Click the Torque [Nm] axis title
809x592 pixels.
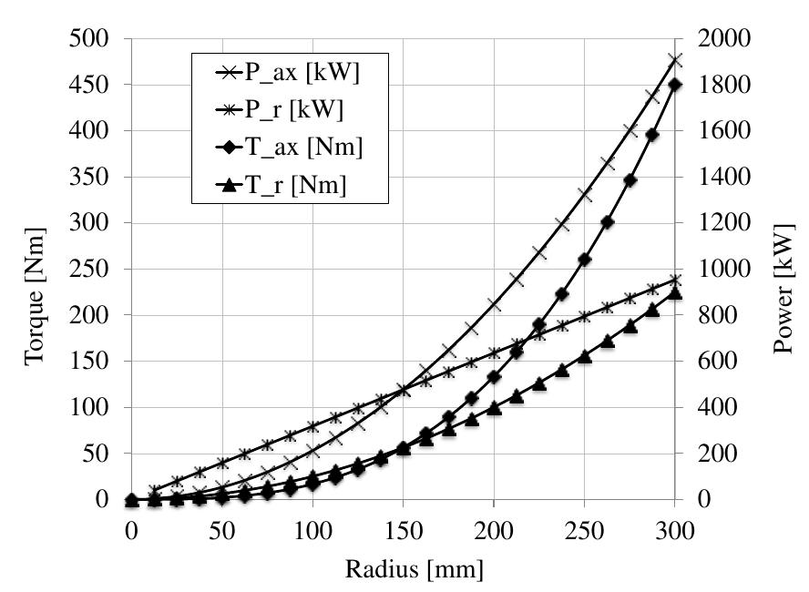click(35, 270)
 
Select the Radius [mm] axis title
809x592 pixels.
click(403, 570)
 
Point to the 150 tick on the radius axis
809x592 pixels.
click(404, 527)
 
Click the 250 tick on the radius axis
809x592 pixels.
click(585, 527)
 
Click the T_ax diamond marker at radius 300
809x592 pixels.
click(675, 85)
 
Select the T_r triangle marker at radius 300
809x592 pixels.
click(675, 292)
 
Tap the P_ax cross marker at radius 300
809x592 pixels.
click(675, 60)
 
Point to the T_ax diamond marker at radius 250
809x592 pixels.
click(585, 260)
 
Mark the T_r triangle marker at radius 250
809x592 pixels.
click(585, 356)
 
